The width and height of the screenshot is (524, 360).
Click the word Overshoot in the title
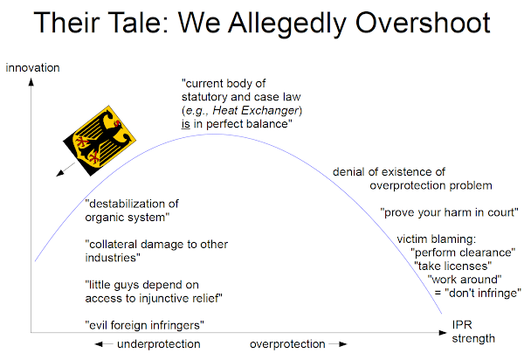[x=423, y=23]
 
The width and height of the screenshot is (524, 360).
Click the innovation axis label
[x=32, y=68]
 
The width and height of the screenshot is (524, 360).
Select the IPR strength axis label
[x=473, y=331]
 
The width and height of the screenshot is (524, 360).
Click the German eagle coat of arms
[x=100, y=141]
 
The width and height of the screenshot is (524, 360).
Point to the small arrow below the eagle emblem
[x=65, y=170]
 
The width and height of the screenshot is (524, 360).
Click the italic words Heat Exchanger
[x=255, y=110]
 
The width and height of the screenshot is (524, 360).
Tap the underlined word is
[x=185, y=124]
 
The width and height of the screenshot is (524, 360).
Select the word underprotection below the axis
[x=159, y=344]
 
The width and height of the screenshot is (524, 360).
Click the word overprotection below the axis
[x=287, y=344]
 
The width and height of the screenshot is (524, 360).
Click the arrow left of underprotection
[x=104, y=344]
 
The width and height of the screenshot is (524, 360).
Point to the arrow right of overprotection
[x=338, y=344]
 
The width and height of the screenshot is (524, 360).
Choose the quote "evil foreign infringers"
[x=144, y=325]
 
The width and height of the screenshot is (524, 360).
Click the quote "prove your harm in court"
[x=449, y=212]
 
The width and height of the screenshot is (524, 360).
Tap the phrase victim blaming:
[x=437, y=239]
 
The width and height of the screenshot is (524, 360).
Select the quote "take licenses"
[x=452, y=267]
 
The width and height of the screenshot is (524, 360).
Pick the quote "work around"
[x=465, y=280]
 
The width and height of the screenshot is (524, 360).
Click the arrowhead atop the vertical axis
[x=31, y=82]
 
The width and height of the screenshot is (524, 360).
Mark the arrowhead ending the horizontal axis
[x=443, y=333]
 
